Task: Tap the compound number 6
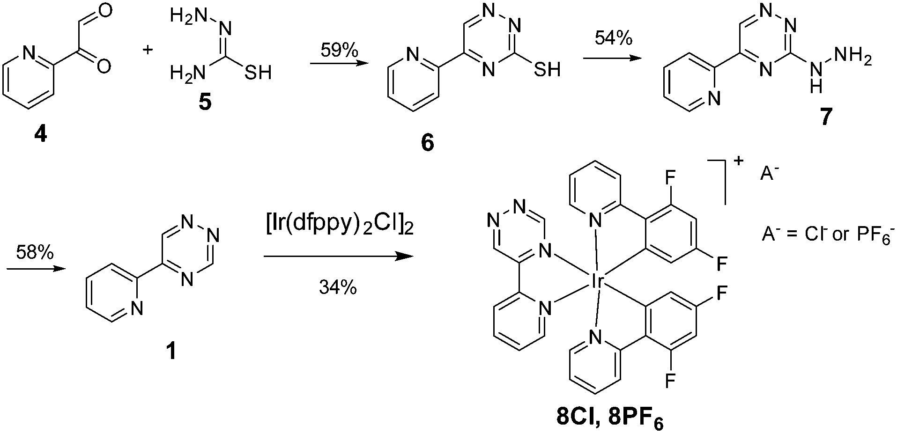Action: click(x=427, y=142)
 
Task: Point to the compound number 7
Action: click(x=825, y=117)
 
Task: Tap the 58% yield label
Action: click(x=35, y=253)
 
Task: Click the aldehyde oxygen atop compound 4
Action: click(x=105, y=10)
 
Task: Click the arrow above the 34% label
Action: click(x=339, y=257)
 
